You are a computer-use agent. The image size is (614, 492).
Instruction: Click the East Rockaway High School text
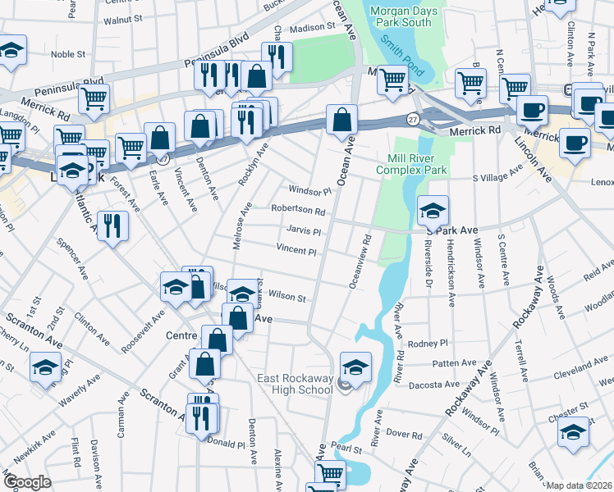(296, 384)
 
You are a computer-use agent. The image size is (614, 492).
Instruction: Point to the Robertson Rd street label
(298, 211)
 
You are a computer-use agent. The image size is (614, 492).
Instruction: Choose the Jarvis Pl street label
(303, 231)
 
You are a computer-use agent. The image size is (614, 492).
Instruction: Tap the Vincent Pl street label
(296, 251)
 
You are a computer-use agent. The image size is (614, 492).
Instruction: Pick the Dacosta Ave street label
(440, 384)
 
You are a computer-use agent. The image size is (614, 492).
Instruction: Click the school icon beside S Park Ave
(433, 212)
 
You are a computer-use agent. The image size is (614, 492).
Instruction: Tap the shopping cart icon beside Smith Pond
(393, 80)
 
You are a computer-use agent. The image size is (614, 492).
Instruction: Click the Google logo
(26, 482)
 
